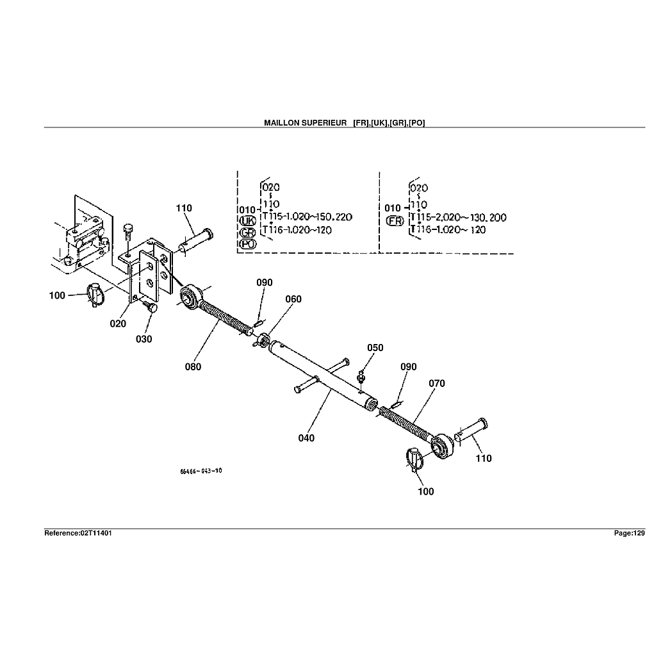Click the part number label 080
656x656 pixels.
[x=193, y=366]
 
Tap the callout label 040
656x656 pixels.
[x=306, y=438]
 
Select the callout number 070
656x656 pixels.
[x=437, y=384]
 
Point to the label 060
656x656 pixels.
[x=293, y=299]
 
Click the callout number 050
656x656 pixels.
[x=375, y=348]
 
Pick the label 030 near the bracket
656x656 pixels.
[x=144, y=339]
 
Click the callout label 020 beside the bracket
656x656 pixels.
[x=118, y=324]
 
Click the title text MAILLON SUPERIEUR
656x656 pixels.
[x=305, y=122]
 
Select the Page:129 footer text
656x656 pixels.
[x=630, y=533]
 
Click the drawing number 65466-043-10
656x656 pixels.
[x=201, y=471]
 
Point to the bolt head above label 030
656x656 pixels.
[x=152, y=308]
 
